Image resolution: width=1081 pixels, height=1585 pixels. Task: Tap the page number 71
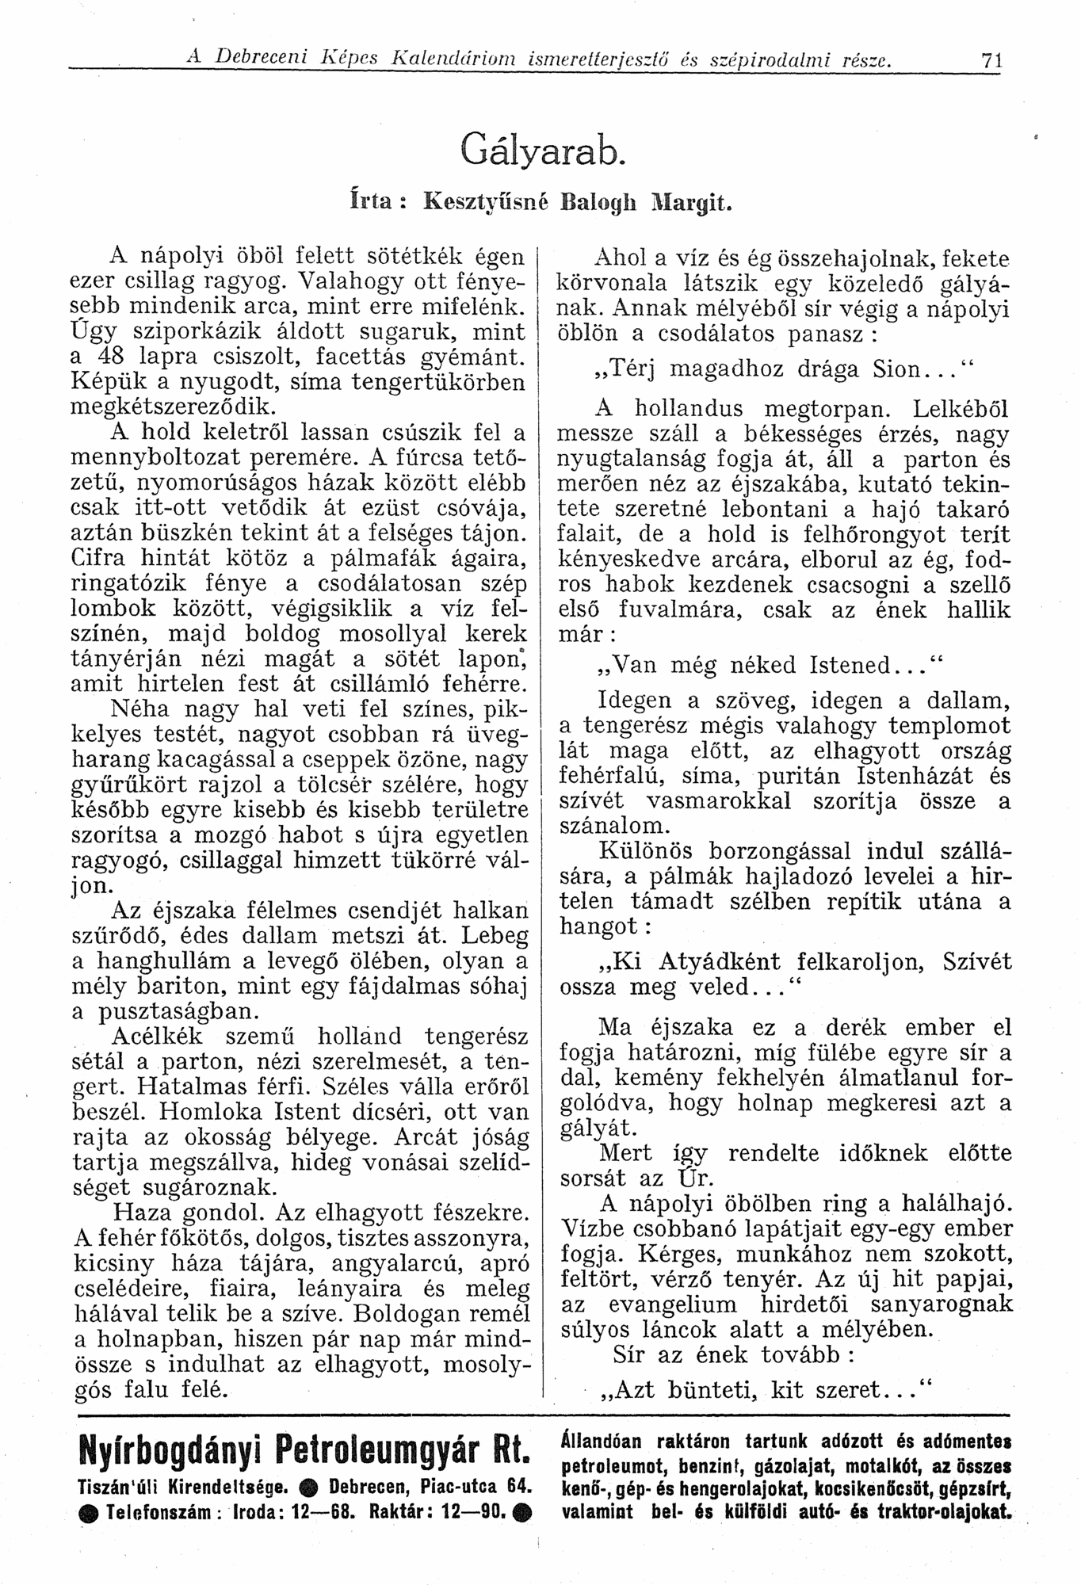coord(991,59)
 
